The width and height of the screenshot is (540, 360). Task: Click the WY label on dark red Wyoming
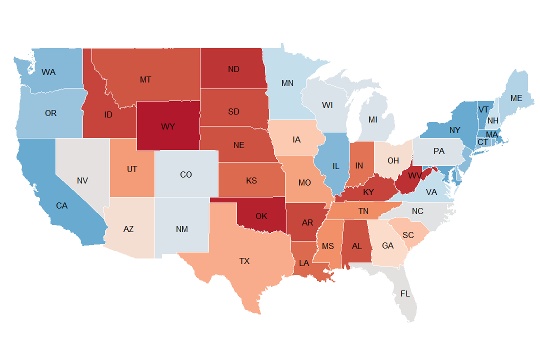168,126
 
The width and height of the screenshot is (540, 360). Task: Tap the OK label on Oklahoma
261,216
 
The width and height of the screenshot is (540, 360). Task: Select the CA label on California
61,205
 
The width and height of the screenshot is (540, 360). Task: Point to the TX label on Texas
244,261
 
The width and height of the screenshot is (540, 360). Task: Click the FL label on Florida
405,293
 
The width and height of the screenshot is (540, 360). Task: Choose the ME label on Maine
516,98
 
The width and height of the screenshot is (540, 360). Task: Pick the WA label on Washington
48,72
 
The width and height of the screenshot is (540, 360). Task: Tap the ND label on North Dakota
233,69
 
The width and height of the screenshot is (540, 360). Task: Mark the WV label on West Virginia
415,176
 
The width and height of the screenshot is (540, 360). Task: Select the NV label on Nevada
82,180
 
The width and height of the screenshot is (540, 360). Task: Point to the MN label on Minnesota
287,83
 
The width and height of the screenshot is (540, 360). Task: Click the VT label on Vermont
483,109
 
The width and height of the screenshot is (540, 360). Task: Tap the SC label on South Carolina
408,234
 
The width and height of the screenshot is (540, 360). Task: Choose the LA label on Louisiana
304,263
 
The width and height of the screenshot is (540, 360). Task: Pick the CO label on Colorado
185,175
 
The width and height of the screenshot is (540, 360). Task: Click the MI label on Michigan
372,120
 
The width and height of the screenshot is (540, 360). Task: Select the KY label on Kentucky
368,192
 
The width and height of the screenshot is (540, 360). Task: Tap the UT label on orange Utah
131,169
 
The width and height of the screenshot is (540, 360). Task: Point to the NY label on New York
454,130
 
